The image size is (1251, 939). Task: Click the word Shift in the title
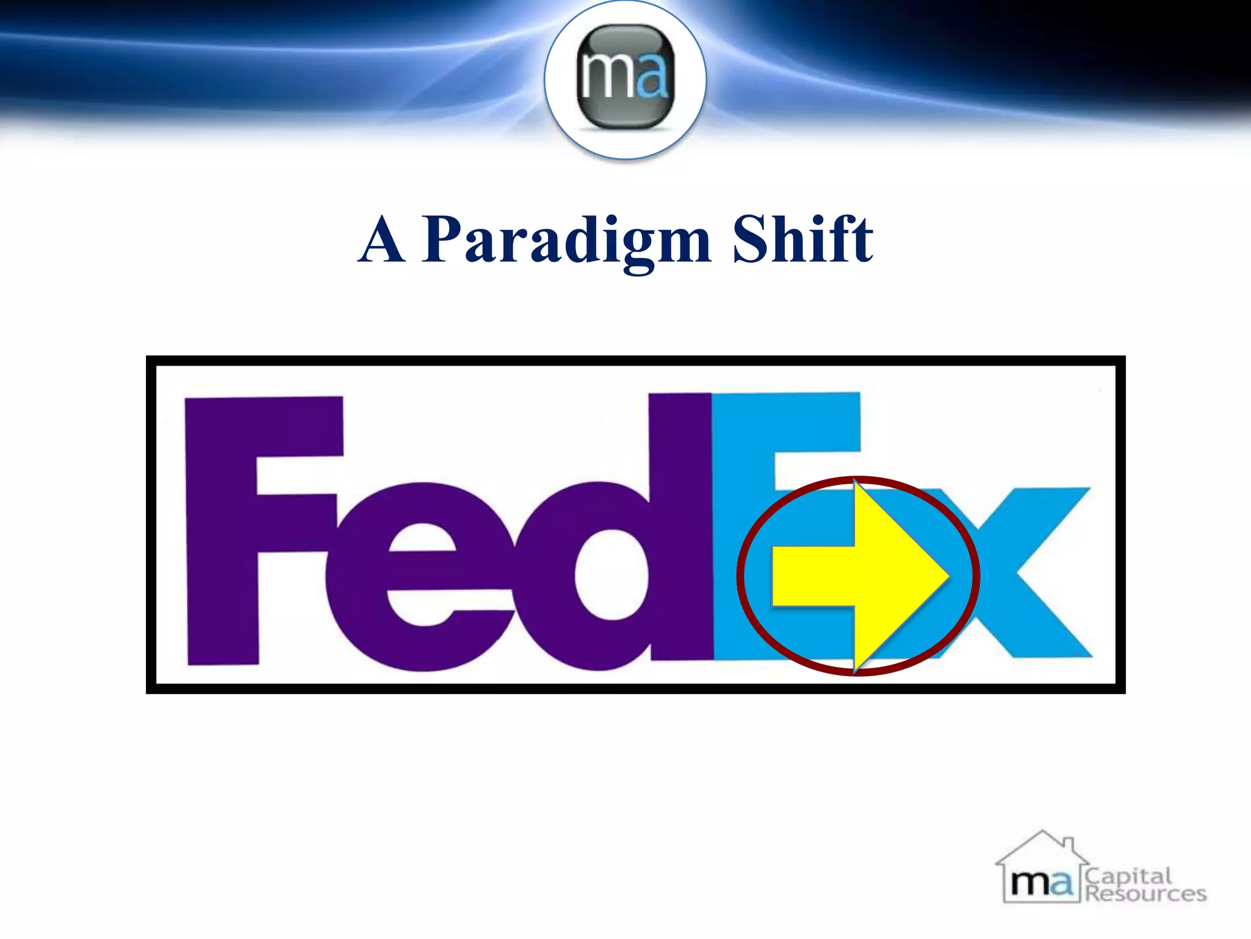803,240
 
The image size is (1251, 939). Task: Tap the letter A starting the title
382,240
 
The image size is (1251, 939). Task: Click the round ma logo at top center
625,79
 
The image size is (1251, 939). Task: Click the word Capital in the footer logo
1128,876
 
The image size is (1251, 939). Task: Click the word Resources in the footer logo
1145,894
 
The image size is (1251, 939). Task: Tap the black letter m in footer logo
1029,884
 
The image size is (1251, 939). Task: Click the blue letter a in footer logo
1060,884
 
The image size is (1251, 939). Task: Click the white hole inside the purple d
611,575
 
